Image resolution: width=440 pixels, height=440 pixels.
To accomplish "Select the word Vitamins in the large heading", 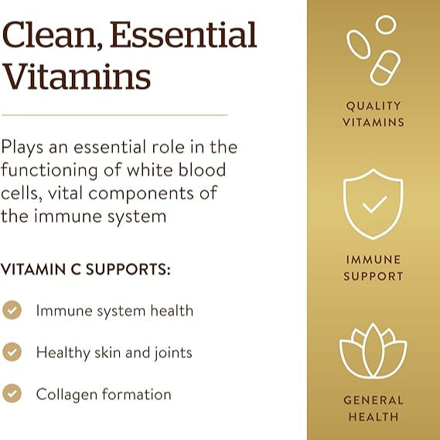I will pos(76,77).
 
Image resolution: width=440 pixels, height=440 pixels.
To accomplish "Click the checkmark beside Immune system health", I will pos(12,311).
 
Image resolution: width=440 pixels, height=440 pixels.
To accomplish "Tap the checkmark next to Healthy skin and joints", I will pos(12,353).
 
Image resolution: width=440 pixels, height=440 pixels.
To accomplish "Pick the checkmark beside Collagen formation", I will pos(12,394).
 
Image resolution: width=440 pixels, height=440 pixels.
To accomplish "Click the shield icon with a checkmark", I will pos(373,203).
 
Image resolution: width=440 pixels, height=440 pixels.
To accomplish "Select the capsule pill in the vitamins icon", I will pos(384,67).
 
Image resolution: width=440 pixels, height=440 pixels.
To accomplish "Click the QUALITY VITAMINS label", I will pos(373,114).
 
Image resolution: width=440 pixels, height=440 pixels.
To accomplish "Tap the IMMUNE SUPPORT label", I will pos(373,268).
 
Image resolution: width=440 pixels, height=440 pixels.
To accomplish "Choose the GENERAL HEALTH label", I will pos(373,408).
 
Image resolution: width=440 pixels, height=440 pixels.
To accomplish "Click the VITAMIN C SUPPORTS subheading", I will pos(85,271).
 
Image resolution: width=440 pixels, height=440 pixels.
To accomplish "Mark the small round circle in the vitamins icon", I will pos(386,25).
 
